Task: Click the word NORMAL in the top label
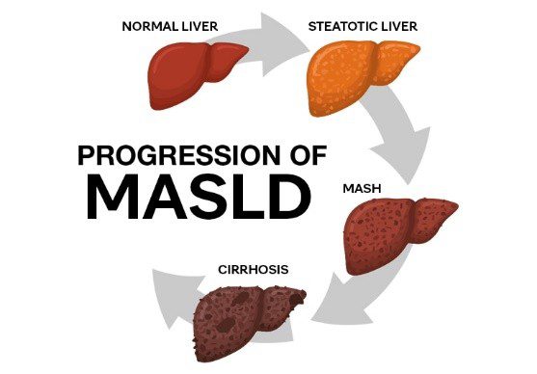[x=150, y=26]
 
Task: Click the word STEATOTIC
[x=342, y=26]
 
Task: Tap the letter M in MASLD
[x=117, y=198]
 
